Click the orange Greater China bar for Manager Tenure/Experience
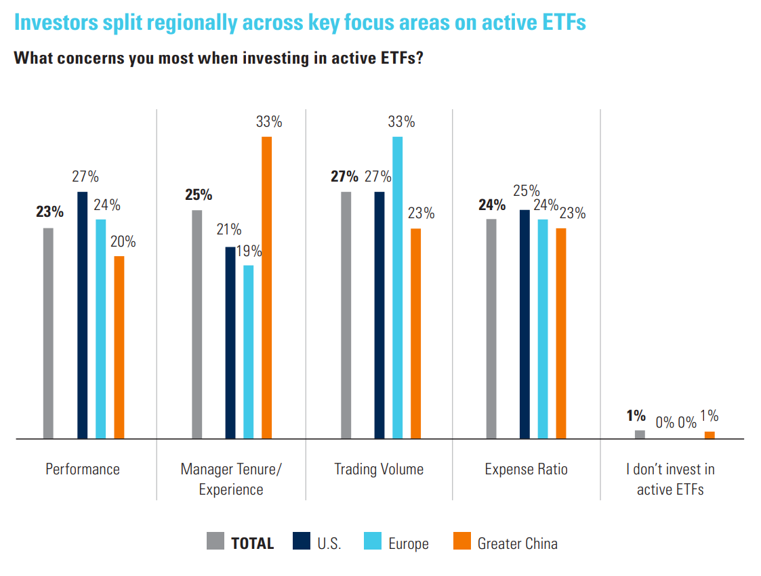pyautogui.click(x=266, y=288)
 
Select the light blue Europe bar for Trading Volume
pyautogui.click(x=397, y=288)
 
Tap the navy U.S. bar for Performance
pyautogui.click(x=82, y=315)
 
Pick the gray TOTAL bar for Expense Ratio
pyautogui.click(x=491, y=329)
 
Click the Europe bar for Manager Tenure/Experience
pyautogui.click(x=248, y=352)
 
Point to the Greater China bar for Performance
pyautogui.click(x=119, y=347)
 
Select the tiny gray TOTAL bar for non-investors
pyautogui.click(x=640, y=434)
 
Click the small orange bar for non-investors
pyautogui.click(x=709, y=435)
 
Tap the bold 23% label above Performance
pyautogui.click(x=49, y=212)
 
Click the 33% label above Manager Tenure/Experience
pyautogui.click(x=269, y=123)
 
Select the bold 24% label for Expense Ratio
pyautogui.click(x=492, y=205)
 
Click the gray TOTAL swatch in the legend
pyautogui.click(x=215, y=541)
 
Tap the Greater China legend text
pyautogui.click(x=517, y=543)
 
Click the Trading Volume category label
pyautogui.click(x=379, y=469)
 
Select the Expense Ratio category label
pyautogui.click(x=526, y=469)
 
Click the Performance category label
pyautogui.click(x=83, y=469)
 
